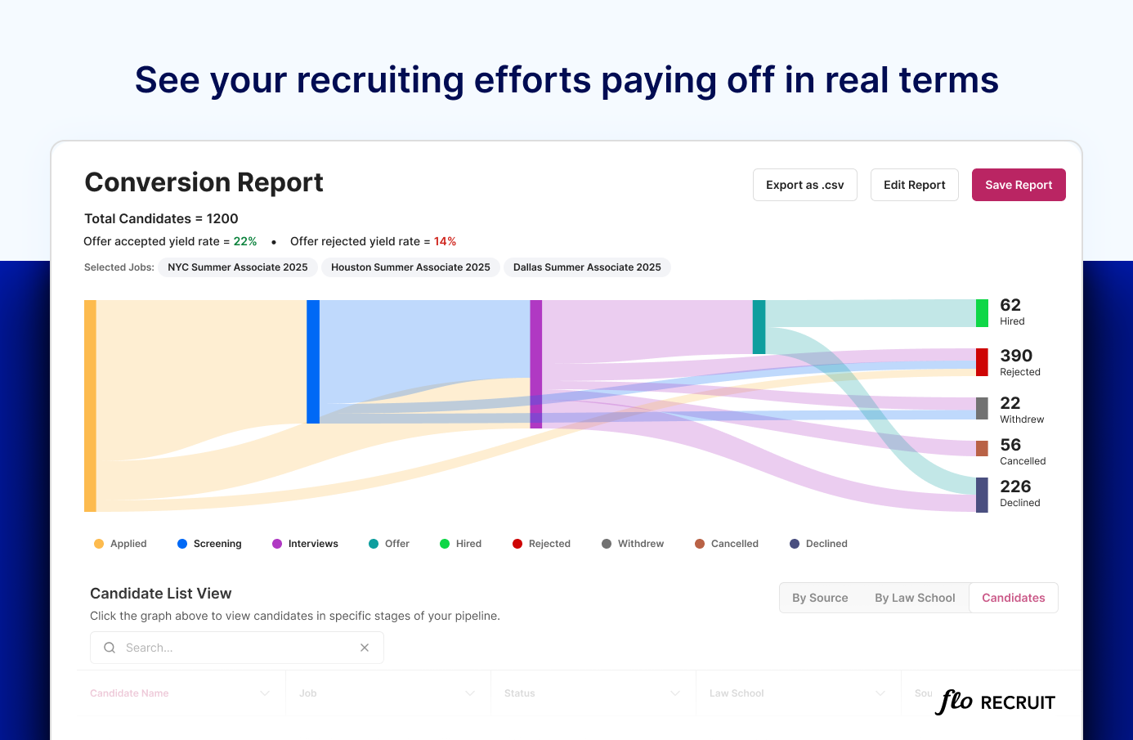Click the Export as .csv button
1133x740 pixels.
[x=804, y=185]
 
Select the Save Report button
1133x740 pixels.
[x=1018, y=185]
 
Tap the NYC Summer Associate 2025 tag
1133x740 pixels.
[x=237, y=267]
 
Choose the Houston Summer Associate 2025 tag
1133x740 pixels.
[x=410, y=267]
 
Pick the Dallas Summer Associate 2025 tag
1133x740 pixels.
[x=587, y=267]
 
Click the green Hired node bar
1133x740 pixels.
[x=982, y=313]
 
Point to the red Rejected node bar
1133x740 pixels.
[x=982, y=362]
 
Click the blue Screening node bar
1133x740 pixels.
[x=313, y=361]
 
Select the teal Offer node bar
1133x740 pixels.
[x=759, y=327]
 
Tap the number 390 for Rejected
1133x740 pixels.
[x=1016, y=356]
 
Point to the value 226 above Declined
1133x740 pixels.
[x=1015, y=487]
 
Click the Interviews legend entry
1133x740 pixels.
[x=305, y=544]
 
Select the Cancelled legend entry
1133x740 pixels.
[x=727, y=544]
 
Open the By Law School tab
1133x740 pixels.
[x=915, y=598]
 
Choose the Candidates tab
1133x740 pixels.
[x=1013, y=598]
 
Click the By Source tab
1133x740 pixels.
[x=820, y=598]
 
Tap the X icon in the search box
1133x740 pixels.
[x=365, y=648]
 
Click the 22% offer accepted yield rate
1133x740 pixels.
[x=245, y=241]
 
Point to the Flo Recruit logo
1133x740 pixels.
[x=995, y=702]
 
